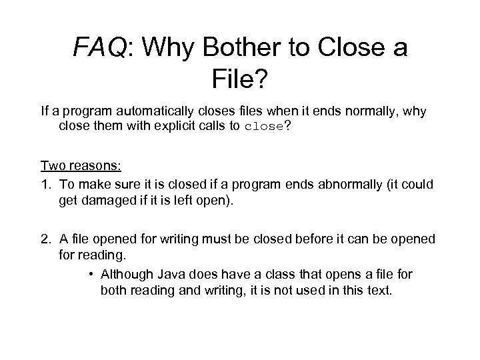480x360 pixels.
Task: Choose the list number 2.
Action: tap(45, 239)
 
